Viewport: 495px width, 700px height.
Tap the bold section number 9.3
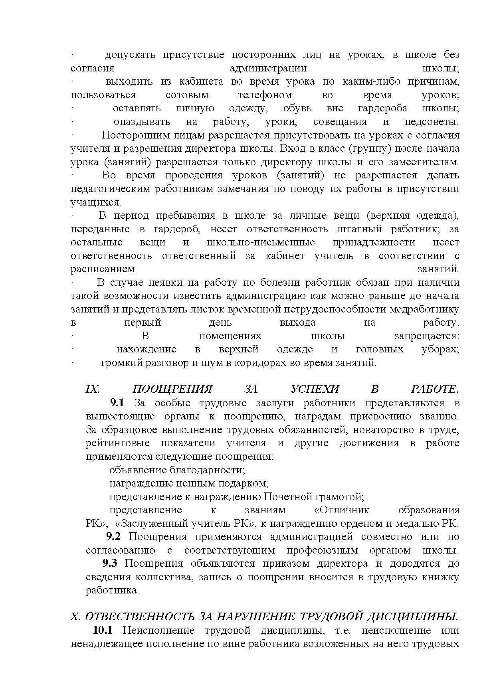110,563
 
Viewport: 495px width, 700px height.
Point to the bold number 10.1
103,630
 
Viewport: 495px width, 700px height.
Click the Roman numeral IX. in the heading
93,389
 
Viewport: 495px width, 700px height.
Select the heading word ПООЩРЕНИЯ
172,389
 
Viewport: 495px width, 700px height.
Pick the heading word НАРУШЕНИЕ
255,617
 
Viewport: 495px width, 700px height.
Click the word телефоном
265,95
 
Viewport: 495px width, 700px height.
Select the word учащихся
95,202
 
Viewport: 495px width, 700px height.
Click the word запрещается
427,336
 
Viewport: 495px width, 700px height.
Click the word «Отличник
340,510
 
